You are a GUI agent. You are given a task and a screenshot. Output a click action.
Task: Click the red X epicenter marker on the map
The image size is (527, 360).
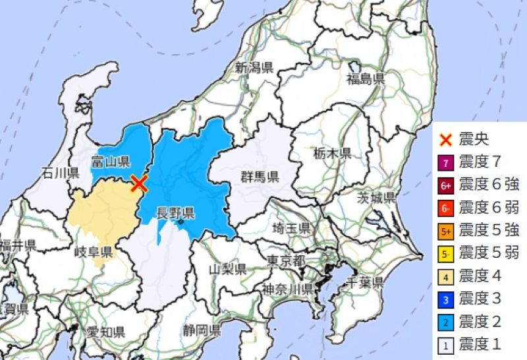coord(138,183)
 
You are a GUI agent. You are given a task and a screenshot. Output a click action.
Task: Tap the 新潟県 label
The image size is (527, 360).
coord(254,67)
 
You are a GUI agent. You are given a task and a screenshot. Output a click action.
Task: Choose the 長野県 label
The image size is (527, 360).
coord(175,212)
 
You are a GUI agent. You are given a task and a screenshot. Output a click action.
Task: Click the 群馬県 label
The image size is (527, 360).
coord(260,176)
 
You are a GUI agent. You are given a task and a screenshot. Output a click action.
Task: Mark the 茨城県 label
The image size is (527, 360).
coord(376,197)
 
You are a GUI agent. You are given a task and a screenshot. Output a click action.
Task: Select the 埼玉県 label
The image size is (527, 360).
coord(291,229)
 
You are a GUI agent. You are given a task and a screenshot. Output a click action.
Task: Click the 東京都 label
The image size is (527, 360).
coord(287,260)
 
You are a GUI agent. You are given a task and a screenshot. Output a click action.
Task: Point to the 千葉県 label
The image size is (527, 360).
coord(364,283)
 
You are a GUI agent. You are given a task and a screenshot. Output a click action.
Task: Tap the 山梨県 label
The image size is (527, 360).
coord(228,269)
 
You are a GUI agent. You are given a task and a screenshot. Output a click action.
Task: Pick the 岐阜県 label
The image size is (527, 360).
coord(93,252)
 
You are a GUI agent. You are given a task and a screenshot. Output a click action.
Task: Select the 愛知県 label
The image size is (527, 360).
coord(105,331)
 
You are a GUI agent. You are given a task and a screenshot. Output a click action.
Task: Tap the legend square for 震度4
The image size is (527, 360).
coord(447,276)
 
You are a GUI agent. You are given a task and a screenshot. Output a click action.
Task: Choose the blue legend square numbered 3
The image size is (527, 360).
coord(447,299)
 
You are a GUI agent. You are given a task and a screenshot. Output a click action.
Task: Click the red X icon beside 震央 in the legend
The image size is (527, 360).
coord(447,140)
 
